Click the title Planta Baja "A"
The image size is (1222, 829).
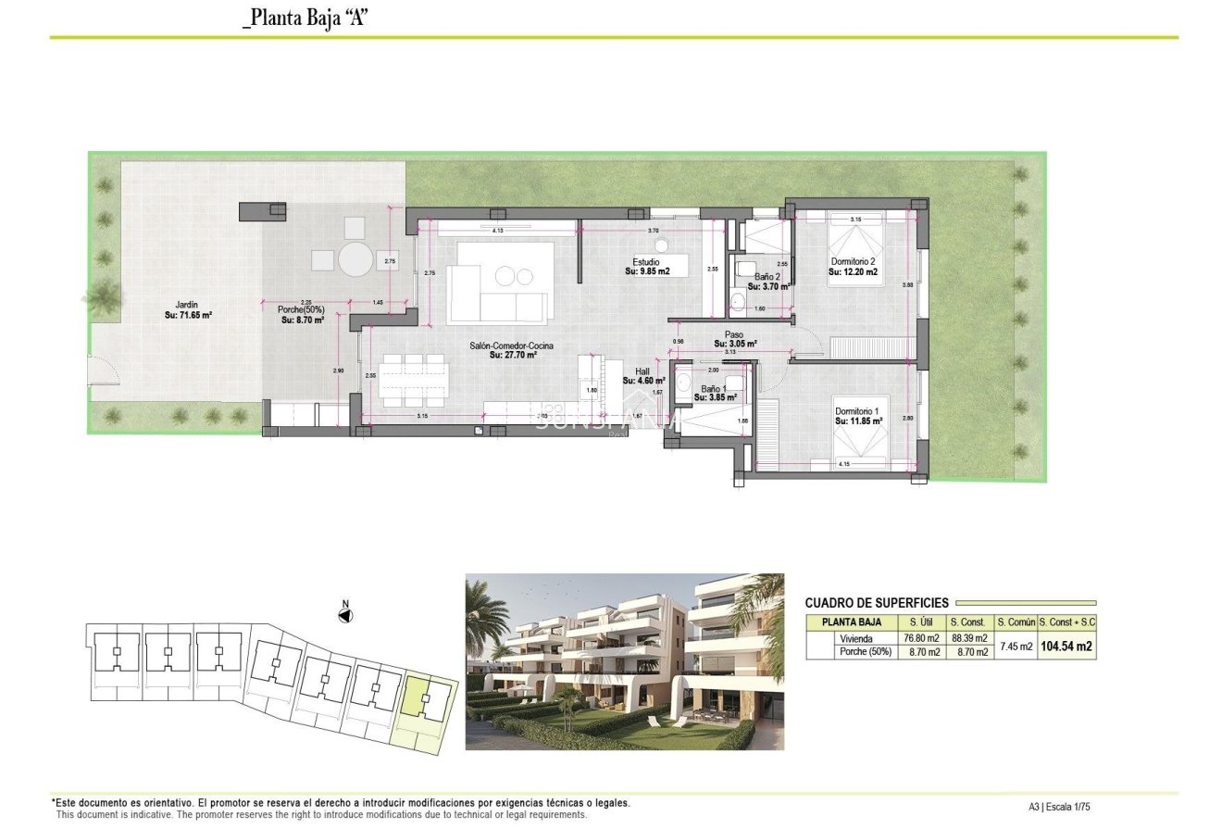[x=305, y=19]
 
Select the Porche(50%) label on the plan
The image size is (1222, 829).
[x=303, y=315]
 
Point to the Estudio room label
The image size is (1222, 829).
[x=646, y=267]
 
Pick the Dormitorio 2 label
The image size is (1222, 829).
[x=853, y=267]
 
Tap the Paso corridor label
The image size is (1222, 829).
[x=735, y=339]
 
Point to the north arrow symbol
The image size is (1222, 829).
[x=346, y=614]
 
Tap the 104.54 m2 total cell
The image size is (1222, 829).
[x=1066, y=646]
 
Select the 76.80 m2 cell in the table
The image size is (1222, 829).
[x=920, y=638]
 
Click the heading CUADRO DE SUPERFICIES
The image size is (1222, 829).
[x=877, y=603]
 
